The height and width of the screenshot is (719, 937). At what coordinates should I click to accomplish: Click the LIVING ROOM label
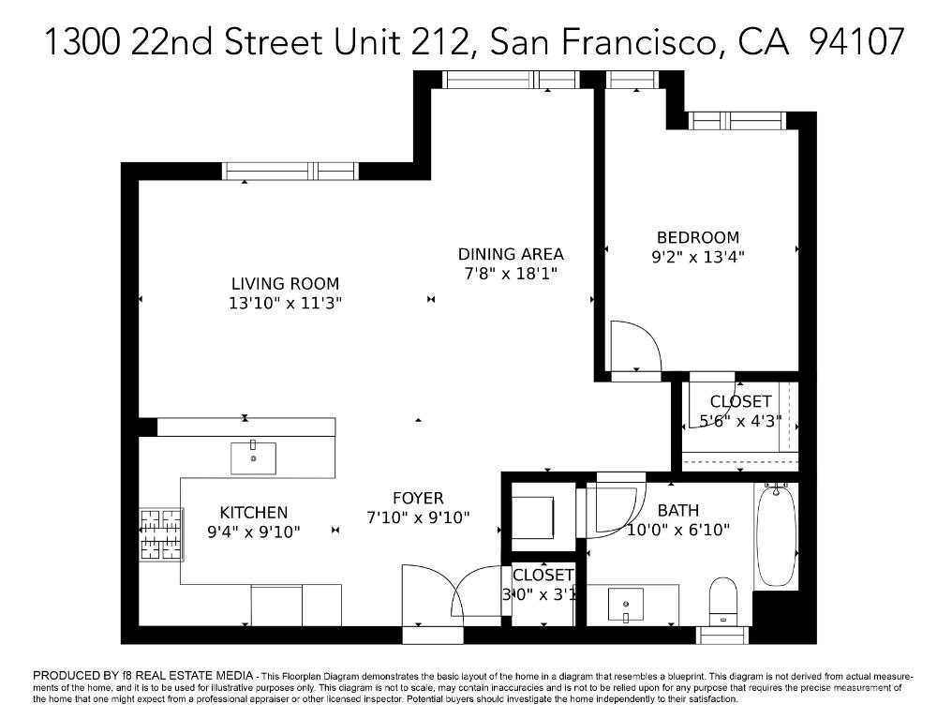pyautogui.click(x=285, y=283)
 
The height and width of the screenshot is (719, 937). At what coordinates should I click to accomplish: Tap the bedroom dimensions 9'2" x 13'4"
pyautogui.click(x=697, y=256)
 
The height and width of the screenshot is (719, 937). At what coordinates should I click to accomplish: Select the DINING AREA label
pyautogui.click(x=511, y=253)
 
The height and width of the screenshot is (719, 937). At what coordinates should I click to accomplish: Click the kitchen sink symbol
pyautogui.click(x=253, y=458)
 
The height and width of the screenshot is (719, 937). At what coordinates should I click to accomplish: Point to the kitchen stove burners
pyautogui.click(x=159, y=534)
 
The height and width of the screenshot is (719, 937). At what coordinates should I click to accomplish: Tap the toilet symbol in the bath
pyautogui.click(x=723, y=601)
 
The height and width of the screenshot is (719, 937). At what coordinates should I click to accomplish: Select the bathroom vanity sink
pyautogui.click(x=625, y=604)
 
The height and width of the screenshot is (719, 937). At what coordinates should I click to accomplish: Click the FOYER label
pyautogui.click(x=418, y=498)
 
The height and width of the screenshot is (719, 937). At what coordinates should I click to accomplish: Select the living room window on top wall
pyautogui.click(x=290, y=171)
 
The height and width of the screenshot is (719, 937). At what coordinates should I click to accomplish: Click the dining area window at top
pyautogui.click(x=512, y=80)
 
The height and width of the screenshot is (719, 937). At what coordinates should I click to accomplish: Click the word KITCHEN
pyautogui.click(x=253, y=512)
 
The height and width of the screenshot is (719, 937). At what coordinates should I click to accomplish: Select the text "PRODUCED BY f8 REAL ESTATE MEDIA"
pyautogui.click(x=143, y=675)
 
